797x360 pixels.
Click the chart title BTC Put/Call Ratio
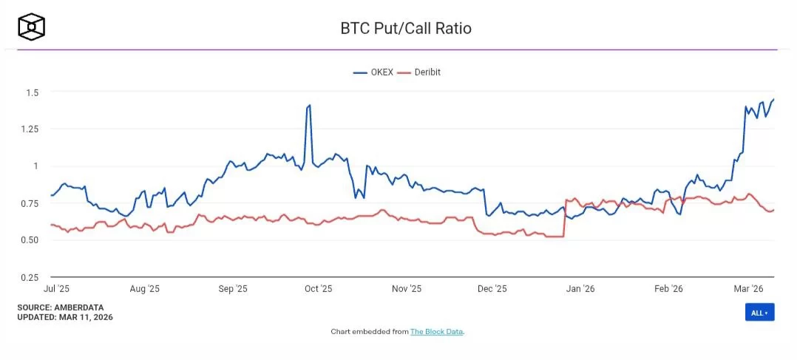tap(405, 29)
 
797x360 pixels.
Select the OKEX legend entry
tap(373, 72)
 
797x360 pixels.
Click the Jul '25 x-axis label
tap(57, 289)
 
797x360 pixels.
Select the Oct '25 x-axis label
tap(318, 289)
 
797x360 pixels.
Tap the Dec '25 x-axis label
tap(492, 289)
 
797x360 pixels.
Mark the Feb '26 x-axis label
tap(668, 289)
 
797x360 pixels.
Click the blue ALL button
tap(759, 313)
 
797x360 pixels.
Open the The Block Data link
tap(436, 332)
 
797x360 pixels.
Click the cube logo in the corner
tap(32, 27)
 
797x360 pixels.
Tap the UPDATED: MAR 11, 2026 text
tap(65, 316)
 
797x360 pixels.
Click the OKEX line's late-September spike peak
tap(309, 105)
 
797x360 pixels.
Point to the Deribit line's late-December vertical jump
tap(565, 218)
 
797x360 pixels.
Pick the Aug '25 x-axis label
tap(144, 289)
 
